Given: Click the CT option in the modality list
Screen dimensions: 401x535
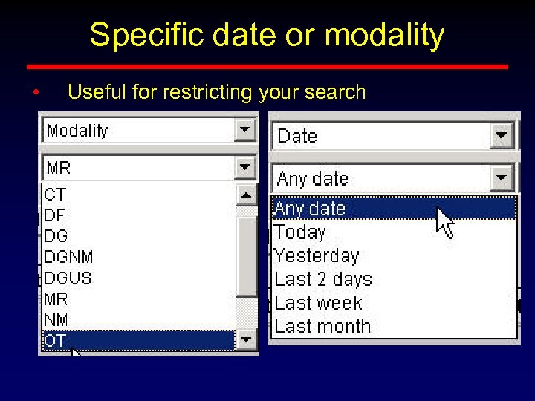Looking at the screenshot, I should tap(56, 195).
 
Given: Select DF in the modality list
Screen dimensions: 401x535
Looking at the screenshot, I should tap(55, 215).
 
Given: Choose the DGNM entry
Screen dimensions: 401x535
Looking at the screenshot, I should tap(68, 257).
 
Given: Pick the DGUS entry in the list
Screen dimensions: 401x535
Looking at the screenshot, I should tap(68, 278).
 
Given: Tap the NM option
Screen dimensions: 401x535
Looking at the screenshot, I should tap(56, 319).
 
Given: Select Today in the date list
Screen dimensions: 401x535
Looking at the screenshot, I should tap(300, 232).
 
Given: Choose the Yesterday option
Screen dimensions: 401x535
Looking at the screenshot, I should tap(317, 256).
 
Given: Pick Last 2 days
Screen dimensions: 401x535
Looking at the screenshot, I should tap(322, 280).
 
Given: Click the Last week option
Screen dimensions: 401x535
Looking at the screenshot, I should tap(318, 303).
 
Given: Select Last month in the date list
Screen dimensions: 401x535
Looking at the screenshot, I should tap(322, 326).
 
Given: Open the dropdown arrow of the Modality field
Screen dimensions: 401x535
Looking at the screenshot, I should tap(244, 131).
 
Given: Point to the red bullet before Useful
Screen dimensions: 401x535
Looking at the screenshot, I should tap(35, 93).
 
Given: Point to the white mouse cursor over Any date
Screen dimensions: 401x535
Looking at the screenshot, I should tap(444, 222).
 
